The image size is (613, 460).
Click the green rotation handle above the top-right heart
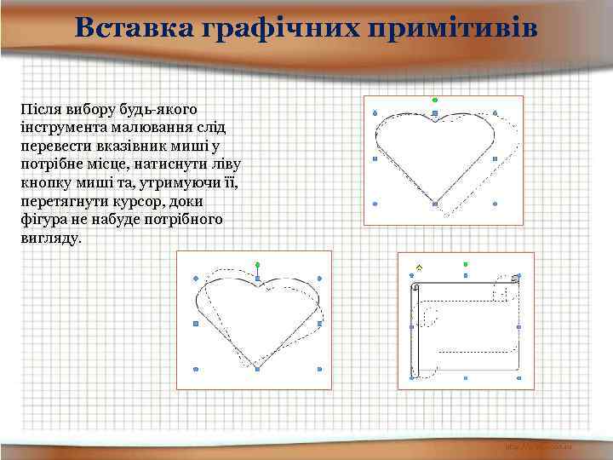pyautogui.click(x=435, y=100)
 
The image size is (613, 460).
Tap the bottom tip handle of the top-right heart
pyautogui.click(x=435, y=204)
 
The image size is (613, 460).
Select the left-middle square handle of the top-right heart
pyautogui.click(x=375, y=158)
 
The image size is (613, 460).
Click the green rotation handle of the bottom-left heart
pyautogui.click(x=257, y=265)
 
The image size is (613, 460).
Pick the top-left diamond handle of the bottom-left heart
pyautogui.click(x=196, y=278)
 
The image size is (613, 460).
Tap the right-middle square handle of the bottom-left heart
pyautogui.click(x=319, y=324)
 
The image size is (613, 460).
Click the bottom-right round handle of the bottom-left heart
pyautogui.click(x=319, y=370)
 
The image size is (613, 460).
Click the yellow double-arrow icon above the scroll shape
pyautogui.click(x=418, y=267)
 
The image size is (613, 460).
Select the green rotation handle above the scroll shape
pyautogui.click(x=466, y=265)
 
